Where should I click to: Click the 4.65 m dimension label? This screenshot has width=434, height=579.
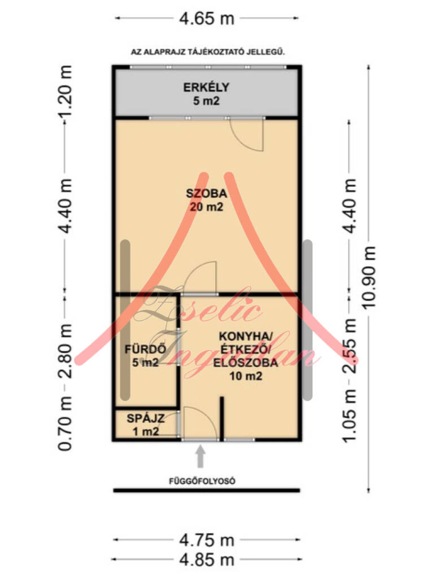click(x=206, y=19)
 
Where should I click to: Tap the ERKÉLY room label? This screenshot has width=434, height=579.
click(x=206, y=87)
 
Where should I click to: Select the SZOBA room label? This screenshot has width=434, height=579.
click(x=206, y=193)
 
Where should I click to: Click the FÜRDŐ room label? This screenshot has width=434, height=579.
click(x=145, y=350)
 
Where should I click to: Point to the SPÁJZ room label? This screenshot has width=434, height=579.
click(x=145, y=419)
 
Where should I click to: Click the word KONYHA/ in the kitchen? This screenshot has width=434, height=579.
click(x=246, y=336)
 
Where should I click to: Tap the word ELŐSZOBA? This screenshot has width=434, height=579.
click(x=245, y=363)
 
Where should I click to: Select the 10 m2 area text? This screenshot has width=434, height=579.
click(x=246, y=376)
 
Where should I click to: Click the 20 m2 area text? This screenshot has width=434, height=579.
click(x=206, y=207)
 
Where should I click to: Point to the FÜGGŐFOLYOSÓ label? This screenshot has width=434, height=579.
click(x=202, y=481)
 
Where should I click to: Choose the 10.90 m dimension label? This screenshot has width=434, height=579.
click(x=368, y=277)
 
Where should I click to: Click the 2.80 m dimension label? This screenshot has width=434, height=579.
click(x=65, y=351)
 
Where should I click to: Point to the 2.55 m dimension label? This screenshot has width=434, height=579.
click(x=349, y=346)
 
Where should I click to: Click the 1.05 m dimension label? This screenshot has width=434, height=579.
click(x=349, y=417)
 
